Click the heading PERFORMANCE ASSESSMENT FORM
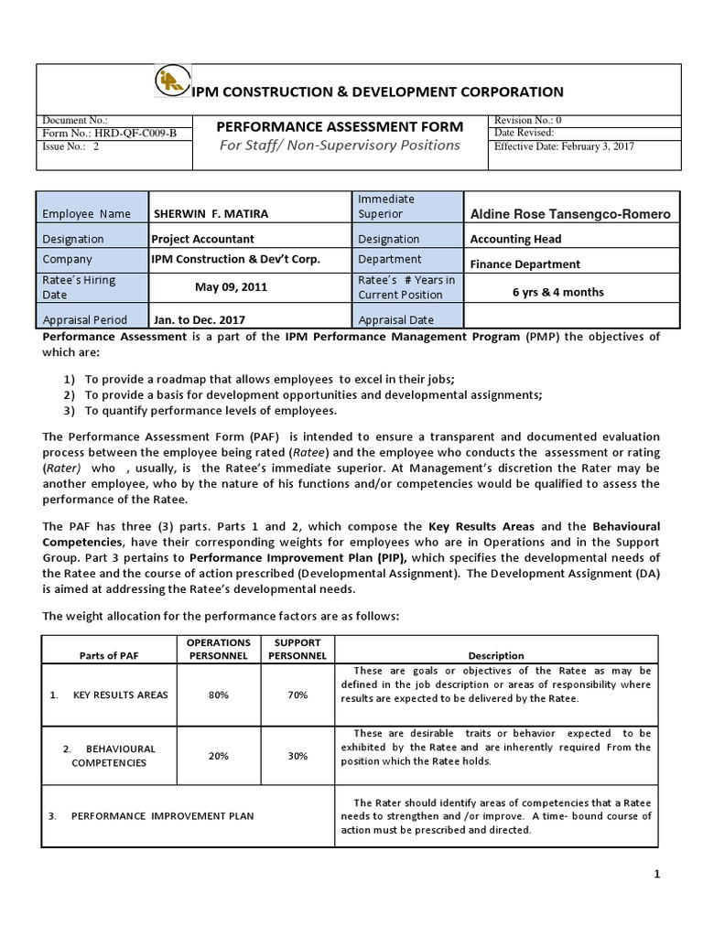point(339,127)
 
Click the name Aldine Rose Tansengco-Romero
point(569,214)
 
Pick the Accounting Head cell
point(515,239)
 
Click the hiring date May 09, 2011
point(231,287)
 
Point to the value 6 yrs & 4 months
point(557,293)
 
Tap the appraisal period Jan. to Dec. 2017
point(200,320)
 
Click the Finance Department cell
point(525,264)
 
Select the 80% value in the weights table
point(219,695)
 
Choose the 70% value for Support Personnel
point(297,695)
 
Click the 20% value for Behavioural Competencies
point(219,756)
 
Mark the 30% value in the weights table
point(297,756)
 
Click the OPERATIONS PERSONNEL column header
point(219,649)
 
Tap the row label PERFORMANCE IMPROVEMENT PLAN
point(163,815)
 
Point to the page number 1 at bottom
point(656,876)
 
